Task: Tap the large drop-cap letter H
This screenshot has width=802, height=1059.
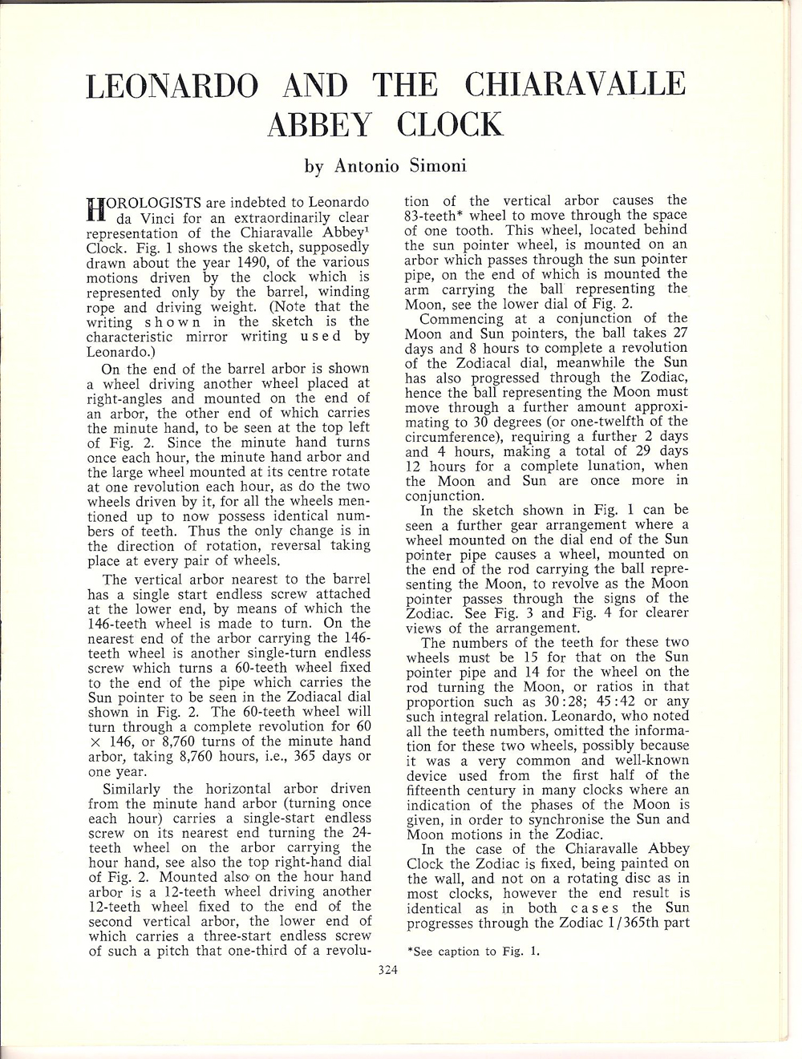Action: click(x=95, y=208)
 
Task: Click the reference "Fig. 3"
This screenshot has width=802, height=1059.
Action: click(x=506, y=612)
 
